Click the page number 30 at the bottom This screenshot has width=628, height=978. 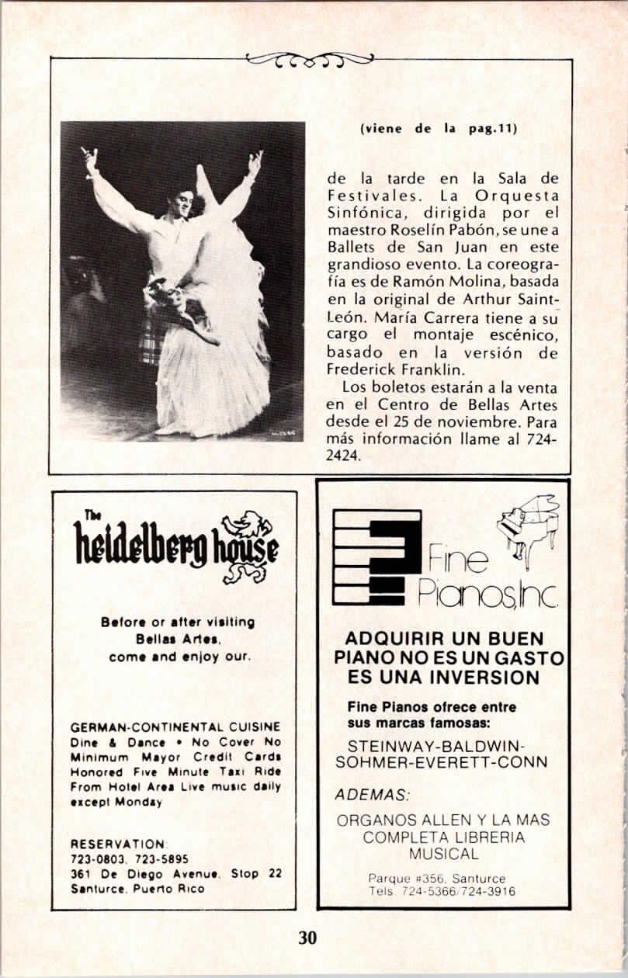(307, 937)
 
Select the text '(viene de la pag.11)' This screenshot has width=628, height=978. (438, 130)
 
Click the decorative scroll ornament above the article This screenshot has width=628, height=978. (310, 59)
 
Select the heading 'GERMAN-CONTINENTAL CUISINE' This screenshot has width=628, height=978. (175, 727)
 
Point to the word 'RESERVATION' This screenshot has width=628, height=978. (117, 844)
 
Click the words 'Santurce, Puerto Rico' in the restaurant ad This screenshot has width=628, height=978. (137, 889)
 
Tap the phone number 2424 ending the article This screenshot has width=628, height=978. (344, 456)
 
